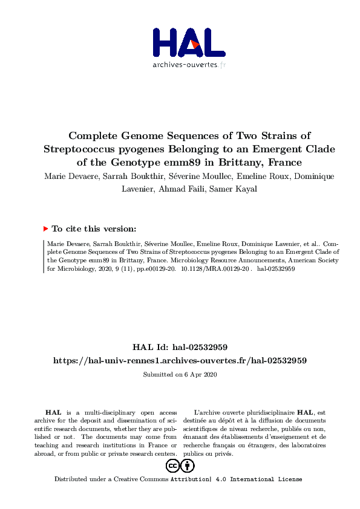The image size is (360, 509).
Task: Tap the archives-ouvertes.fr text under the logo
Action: [189, 65]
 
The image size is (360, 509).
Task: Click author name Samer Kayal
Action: [223, 187]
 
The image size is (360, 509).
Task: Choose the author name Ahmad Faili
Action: [177, 187]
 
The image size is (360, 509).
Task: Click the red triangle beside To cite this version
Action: [45, 229]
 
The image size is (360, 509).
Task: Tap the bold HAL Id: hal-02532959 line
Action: [180, 348]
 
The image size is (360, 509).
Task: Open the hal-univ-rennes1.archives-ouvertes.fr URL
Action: [180, 360]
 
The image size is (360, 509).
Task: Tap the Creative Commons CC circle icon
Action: [172, 466]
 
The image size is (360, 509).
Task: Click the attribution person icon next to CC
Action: [188, 466]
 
